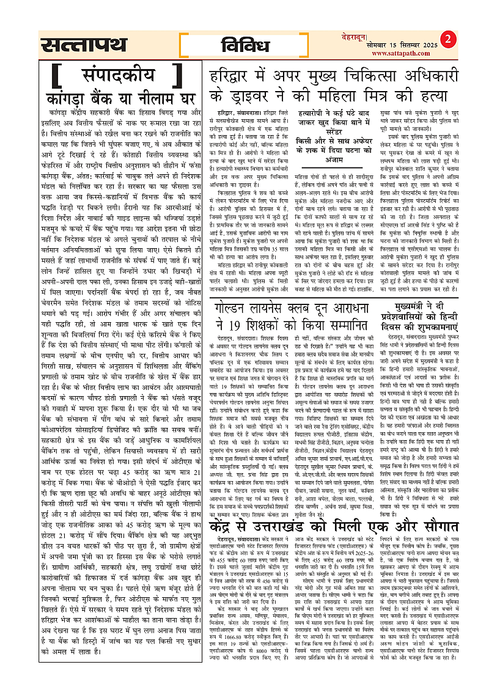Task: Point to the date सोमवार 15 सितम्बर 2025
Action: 409,45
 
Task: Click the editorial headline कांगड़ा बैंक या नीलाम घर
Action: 116,98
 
